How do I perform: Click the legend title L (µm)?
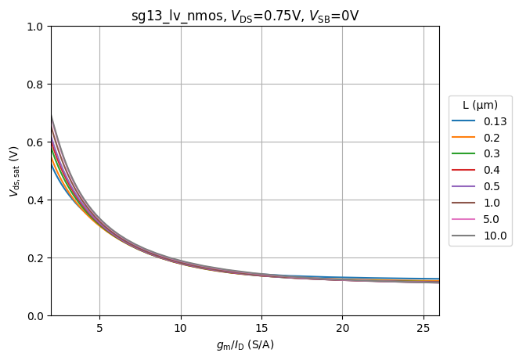pos(480,105)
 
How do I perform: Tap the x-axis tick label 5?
pos(99,327)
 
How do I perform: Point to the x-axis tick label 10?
pos(181,327)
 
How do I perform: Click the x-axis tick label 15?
pos(261,327)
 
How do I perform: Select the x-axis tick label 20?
pos(342,327)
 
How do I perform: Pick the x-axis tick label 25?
pos(423,327)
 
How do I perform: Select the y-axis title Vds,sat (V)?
pos(13,171)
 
